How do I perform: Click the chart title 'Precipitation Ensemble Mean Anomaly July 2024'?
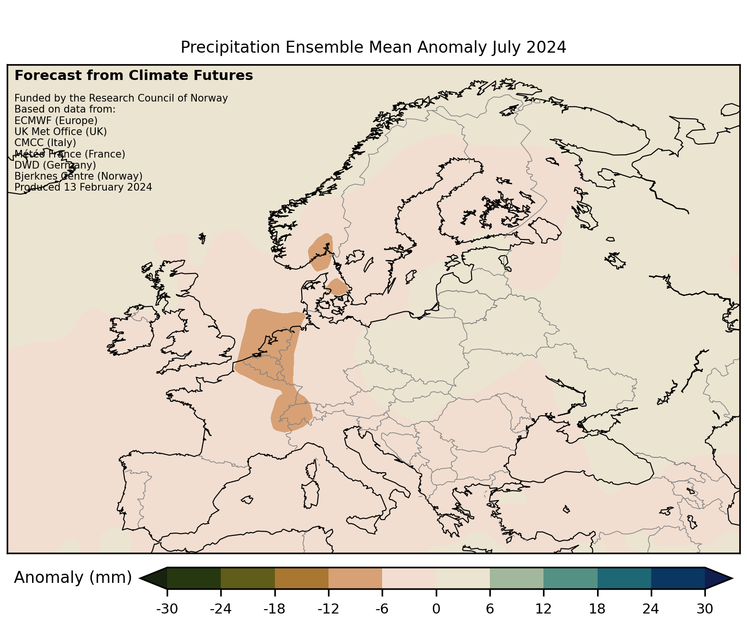(x=373, y=47)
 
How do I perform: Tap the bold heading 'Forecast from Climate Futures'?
(x=134, y=76)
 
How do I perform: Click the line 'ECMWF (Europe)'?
(x=56, y=121)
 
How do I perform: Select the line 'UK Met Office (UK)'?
(x=60, y=132)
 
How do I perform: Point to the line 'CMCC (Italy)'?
(x=45, y=143)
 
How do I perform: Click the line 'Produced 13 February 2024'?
(x=83, y=187)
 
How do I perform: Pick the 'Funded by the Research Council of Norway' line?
(x=121, y=98)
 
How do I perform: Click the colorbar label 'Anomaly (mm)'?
(x=73, y=578)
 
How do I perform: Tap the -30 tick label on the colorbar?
(x=167, y=609)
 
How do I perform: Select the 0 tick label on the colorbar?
(x=436, y=609)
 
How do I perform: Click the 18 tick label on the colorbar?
(x=597, y=609)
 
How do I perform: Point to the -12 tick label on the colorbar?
(x=328, y=609)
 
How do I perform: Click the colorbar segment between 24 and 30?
(x=678, y=578)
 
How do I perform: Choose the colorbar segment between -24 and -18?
(x=248, y=578)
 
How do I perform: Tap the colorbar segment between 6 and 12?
(x=517, y=578)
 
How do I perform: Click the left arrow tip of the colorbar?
(x=140, y=578)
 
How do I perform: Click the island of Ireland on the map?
(x=132, y=331)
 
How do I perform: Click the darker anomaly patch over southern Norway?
(x=320, y=252)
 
